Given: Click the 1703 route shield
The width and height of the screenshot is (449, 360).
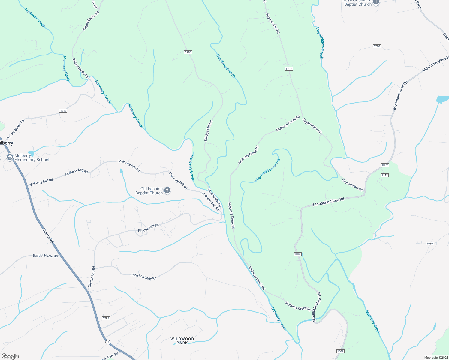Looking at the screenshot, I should pos(188,52).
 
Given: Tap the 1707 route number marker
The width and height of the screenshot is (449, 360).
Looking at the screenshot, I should pos(289,69).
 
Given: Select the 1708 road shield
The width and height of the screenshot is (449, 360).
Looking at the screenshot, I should pos(377,46).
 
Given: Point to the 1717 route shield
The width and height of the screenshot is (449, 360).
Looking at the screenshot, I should pos(63,111).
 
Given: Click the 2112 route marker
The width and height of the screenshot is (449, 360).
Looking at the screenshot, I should pos(384,175).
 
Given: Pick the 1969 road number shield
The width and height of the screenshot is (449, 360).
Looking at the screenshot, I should pos(430,244).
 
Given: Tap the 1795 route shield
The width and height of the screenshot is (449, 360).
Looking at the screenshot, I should pos(106,318).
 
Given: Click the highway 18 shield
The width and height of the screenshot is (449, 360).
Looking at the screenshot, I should pos(108,342).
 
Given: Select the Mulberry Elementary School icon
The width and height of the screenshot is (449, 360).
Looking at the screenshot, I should pos(10,157).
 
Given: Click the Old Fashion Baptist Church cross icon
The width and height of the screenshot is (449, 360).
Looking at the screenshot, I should pos(167,190).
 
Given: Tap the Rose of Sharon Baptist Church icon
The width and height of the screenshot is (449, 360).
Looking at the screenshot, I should pos(376,2).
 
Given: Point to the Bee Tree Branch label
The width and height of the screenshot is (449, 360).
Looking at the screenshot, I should pos(226,66).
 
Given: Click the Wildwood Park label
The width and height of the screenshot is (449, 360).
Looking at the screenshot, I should pos(182,341).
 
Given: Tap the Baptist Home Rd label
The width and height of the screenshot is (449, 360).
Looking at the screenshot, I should pos(45,256).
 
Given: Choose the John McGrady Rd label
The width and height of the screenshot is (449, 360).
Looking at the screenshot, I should pos(143,277).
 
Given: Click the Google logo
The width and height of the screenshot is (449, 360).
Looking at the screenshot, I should pos(10,356).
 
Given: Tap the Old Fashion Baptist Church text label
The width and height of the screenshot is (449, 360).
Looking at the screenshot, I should pos(149,191).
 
